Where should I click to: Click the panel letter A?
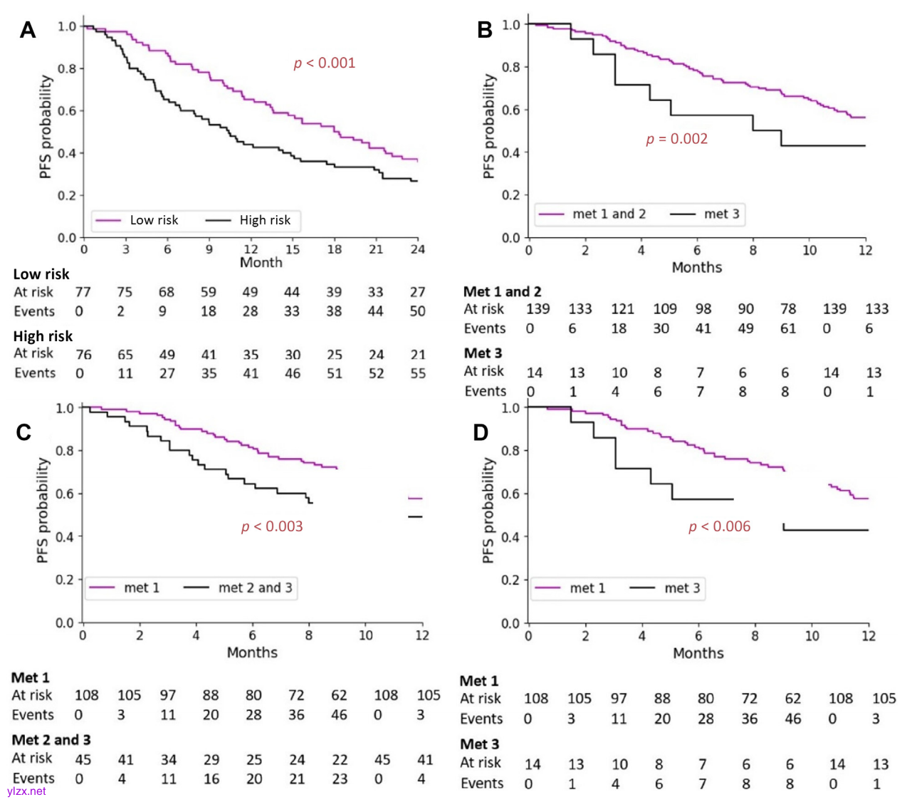[x=27, y=30]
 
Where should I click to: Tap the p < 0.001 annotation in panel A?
[x=325, y=63]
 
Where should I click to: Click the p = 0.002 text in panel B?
[x=676, y=139]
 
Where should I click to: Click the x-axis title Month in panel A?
[x=261, y=263]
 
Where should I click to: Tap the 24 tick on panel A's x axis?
[x=417, y=249]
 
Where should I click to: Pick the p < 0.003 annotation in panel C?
[x=272, y=526]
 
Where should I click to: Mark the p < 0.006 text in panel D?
[x=719, y=526]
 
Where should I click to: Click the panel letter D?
[x=481, y=432]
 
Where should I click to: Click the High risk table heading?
[x=43, y=336]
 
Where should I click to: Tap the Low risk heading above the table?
[x=41, y=274]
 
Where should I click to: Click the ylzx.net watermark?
[x=26, y=791]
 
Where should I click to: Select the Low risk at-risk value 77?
[x=83, y=292]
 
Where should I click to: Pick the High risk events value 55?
[x=417, y=373]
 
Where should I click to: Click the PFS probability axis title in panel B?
[x=488, y=127]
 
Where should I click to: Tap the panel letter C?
[x=23, y=432]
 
